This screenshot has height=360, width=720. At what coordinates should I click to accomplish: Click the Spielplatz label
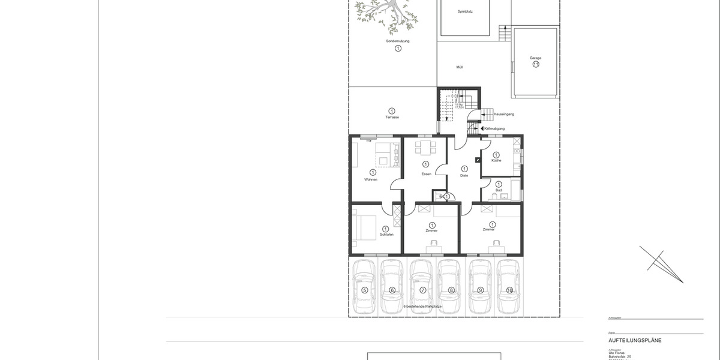[x=466, y=11]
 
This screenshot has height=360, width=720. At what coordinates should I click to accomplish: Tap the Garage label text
[x=535, y=58]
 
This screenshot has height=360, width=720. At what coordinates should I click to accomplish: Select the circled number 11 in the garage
[x=536, y=65]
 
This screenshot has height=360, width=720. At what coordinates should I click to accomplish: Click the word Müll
[x=459, y=67]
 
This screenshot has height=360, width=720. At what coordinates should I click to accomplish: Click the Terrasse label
[x=392, y=117]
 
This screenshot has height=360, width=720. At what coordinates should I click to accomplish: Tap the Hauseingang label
[x=503, y=113]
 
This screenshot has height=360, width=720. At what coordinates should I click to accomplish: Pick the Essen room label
[x=426, y=174]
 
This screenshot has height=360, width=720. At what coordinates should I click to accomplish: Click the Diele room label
[x=464, y=175]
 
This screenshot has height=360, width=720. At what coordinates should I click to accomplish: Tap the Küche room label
[x=496, y=161]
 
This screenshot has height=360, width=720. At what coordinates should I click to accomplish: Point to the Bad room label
[x=498, y=190]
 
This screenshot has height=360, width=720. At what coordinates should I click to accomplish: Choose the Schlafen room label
[x=386, y=234]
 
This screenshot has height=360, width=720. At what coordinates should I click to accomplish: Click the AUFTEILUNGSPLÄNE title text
[x=635, y=340]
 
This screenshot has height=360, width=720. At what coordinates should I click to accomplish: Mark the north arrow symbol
[x=660, y=264]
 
